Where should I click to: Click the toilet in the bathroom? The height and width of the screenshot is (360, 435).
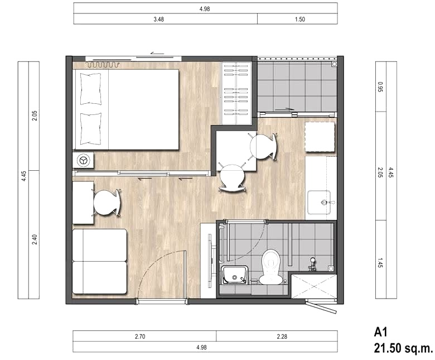pos(270,267)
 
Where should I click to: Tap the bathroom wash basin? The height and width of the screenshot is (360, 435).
pos(234,275)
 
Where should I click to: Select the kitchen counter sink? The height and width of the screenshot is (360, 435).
pos(320,203)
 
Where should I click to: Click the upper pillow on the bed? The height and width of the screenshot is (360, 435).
pos(90,89)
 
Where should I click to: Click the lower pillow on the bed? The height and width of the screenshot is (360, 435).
pos(90,128)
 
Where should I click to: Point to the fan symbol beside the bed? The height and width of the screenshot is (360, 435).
pos(83,160)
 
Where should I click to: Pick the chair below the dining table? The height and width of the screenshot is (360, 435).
pos(232,177)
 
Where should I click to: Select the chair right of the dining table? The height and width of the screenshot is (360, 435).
pos(263,146)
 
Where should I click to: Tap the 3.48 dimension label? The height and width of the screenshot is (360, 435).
pos(159,19)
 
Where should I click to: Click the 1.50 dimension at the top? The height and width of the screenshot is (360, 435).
pos(300,19)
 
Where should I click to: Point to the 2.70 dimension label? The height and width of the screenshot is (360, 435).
pos(140,337)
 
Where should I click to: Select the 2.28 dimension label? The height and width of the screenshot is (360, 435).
pos(282,337)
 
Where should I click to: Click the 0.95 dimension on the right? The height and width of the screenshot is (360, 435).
pos(380,87)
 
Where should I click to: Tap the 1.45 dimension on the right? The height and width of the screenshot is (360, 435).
pos(380,262)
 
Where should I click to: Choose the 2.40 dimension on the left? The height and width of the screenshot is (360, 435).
pos(35,239)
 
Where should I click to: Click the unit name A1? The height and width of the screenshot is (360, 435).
pos(380,332)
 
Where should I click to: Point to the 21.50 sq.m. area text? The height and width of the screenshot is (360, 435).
pos(403,348)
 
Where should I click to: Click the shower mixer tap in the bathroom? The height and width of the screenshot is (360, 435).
pos(312,264)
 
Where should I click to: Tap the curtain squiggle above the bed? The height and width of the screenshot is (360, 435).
pos(103,65)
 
